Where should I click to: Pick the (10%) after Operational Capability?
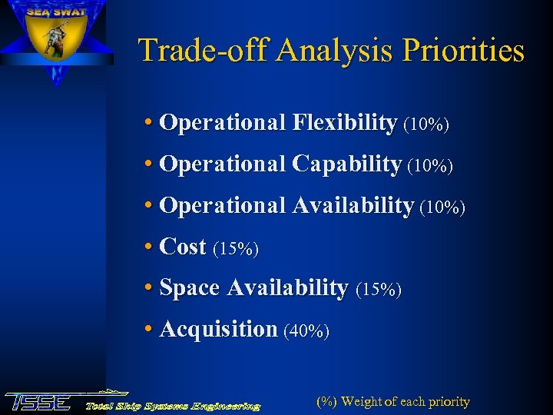[430, 165]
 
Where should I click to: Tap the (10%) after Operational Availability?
[442, 207]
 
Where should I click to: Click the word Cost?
[183, 247]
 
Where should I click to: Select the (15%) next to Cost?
[236, 248]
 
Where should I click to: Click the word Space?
[189, 288]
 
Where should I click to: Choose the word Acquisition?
[218, 330]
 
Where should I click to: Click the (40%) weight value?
[306, 331]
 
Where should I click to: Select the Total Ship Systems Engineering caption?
[172, 405]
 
